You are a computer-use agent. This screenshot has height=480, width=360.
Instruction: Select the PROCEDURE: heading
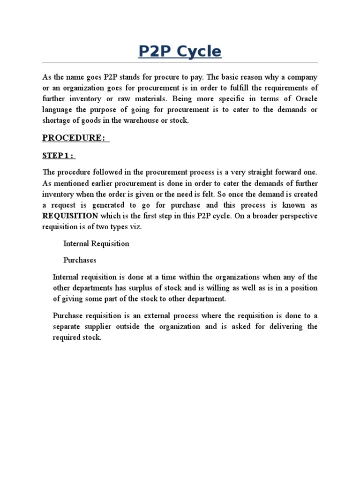75,138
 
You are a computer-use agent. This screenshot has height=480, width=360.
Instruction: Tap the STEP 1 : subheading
59,156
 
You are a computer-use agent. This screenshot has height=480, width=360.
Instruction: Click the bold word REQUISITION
70,216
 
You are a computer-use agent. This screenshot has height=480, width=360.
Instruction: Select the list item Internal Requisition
96,244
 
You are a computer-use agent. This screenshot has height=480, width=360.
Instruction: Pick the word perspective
294,216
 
